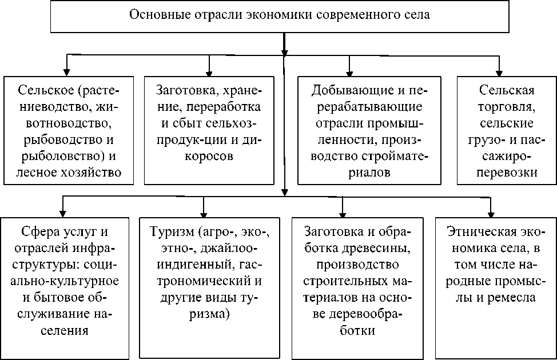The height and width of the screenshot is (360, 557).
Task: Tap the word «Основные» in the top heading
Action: (x=153, y=15)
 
